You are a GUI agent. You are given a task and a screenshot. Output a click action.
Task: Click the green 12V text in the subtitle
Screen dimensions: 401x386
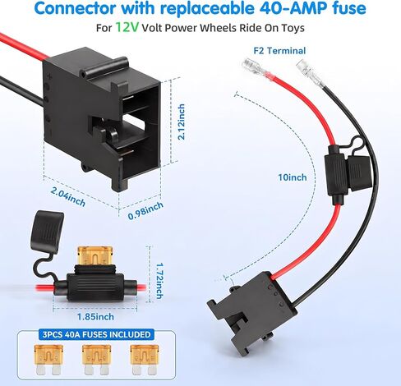[127, 27]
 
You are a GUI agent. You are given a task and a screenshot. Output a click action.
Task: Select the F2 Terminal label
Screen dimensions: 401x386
[279, 51]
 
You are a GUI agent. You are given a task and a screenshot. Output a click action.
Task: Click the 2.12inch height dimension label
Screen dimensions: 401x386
[181, 122]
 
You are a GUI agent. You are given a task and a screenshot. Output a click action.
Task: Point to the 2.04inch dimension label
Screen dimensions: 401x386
[68, 197]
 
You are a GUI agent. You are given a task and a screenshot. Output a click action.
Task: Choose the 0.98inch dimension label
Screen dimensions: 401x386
[145, 211]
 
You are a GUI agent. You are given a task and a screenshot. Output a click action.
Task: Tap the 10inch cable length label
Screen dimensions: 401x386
[293, 177]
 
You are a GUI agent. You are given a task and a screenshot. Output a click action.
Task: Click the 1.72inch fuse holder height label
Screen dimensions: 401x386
[159, 281]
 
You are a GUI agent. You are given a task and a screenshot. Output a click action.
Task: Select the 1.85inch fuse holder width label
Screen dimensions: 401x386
[95, 317]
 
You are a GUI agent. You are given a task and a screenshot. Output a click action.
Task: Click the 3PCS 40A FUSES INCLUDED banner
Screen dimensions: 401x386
[96, 334]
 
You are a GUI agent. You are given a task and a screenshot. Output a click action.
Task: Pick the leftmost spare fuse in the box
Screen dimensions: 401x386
[48, 360]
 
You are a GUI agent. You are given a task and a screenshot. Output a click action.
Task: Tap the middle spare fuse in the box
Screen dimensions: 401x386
[96, 360]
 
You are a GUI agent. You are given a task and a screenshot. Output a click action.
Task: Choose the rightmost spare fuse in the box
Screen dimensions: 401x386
[145, 360]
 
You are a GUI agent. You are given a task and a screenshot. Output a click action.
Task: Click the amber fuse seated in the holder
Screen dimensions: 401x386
[95, 255]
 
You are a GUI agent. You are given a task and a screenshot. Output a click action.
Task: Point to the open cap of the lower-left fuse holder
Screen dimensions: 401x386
[48, 229]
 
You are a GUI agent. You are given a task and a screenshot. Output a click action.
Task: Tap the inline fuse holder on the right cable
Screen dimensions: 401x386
[348, 170]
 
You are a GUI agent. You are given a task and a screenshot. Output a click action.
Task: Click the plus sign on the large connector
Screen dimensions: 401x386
[49, 77]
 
